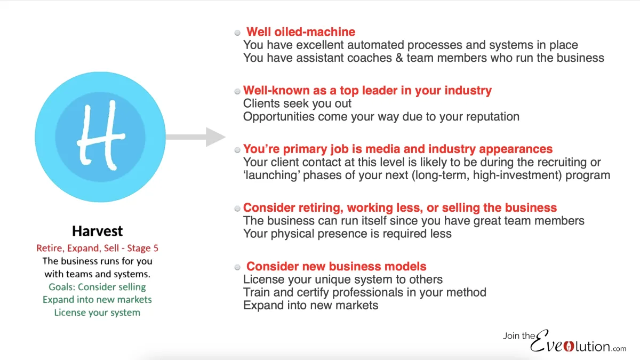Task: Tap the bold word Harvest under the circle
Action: pos(98,231)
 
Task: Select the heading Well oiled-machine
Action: pos(301,32)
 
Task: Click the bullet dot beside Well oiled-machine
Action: pos(237,33)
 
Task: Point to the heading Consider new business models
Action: pos(336,266)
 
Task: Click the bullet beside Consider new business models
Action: pos(237,267)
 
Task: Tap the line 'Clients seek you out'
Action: pos(297,103)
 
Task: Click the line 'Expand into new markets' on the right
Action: pos(310,305)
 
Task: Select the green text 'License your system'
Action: pos(97,313)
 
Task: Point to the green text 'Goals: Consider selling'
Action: pos(97,287)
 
